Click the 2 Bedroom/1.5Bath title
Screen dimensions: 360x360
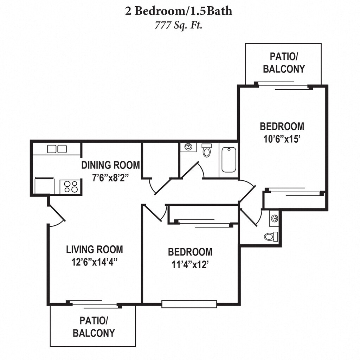(x=179, y=11)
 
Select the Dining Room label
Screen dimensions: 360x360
(x=111, y=165)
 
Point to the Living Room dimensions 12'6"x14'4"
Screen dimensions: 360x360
(x=95, y=262)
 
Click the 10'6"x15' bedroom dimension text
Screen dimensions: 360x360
(x=282, y=139)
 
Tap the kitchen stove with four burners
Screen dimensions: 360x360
(x=71, y=186)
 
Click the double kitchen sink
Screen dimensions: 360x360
(x=57, y=149)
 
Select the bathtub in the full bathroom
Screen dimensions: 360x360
(x=229, y=160)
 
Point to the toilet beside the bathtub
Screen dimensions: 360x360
(x=207, y=151)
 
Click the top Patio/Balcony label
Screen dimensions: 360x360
(x=283, y=62)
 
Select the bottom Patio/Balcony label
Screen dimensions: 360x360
(x=94, y=327)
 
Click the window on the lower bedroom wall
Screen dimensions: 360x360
(x=189, y=304)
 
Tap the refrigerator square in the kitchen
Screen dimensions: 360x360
(x=45, y=186)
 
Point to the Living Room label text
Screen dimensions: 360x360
(x=95, y=250)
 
